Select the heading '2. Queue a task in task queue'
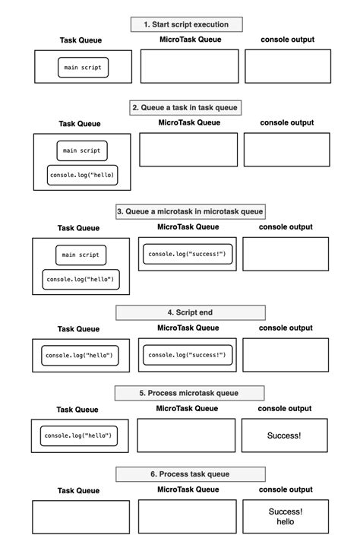(x=186, y=108)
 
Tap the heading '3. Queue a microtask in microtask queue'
(x=191, y=211)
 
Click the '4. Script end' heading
(x=191, y=312)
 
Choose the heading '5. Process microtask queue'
(x=190, y=393)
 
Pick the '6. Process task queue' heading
(x=190, y=474)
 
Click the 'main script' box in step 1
(x=83, y=68)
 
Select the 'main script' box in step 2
(x=81, y=150)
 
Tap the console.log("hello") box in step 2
(x=82, y=176)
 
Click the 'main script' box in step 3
(x=81, y=255)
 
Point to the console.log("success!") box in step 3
(x=187, y=254)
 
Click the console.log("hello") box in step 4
(x=79, y=355)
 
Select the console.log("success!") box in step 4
(x=187, y=355)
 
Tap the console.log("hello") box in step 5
(x=79, y=435)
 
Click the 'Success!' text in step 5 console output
(x=284, y=435)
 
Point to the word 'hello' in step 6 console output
(x=285, y=523)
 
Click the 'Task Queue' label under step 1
(x=81, y=40)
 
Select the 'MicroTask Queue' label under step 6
(x=187, y=489)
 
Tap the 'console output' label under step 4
(x=285, y=328)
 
